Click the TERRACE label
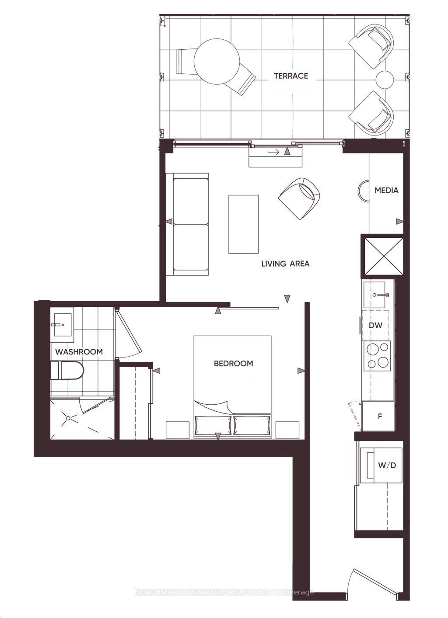tap(291, 76)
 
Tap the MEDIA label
tap(386, 190)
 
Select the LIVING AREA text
tap(285, 264)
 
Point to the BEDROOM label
tap(233, 363)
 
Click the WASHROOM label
tap(79, 352)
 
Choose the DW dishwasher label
tap(376, 325)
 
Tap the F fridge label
tap(380, 417)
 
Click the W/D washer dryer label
tap(387, 465)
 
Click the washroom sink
tap(63, 325)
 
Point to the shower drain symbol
tap(68, 418)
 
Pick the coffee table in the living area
tap(243, 224)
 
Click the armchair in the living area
tap(299, 198)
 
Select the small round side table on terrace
tap(385, 80)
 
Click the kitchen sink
tap(374, 295)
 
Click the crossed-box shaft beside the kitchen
tap(382, 256)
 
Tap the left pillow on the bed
tap(213, 425)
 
